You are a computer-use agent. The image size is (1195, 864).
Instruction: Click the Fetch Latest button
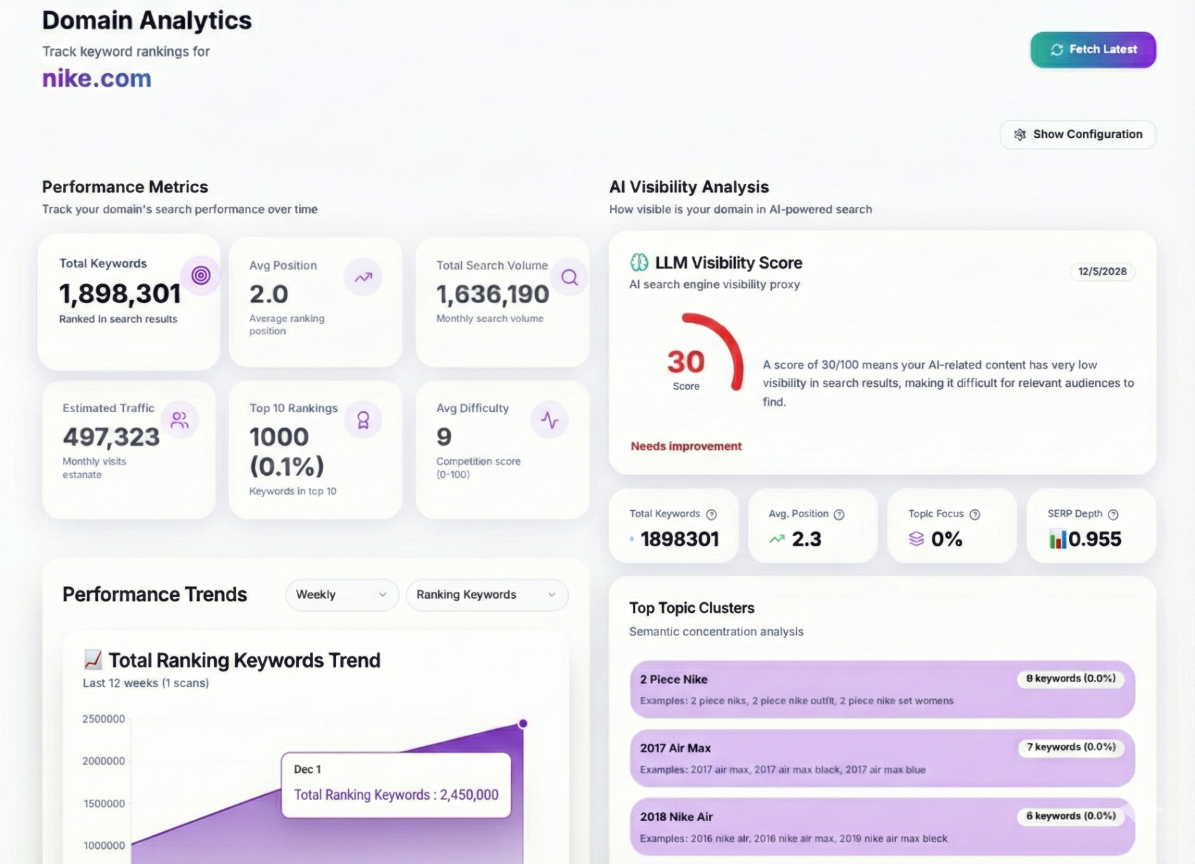pos(1093,50)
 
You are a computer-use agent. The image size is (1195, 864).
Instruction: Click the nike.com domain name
pos(97,79)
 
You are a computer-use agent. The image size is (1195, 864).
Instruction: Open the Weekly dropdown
pos(341,595)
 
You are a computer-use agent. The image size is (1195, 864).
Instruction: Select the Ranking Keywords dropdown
pos(487,595)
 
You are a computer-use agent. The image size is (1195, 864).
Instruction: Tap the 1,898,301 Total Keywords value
pos(120,294)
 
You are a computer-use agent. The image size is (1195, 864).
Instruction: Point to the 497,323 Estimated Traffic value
pos(111,437)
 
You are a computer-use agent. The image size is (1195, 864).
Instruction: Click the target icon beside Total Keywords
pos(201,275)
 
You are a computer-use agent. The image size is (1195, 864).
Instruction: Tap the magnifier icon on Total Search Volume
pos(569,277)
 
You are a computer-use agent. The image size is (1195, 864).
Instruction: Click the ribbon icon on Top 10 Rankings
pos(363,420)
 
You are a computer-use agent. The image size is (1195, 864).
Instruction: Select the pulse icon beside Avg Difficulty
pos(550,420)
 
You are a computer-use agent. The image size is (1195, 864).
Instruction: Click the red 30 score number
pos(686,362)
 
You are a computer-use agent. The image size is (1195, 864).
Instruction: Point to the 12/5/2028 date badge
pos(1103,271)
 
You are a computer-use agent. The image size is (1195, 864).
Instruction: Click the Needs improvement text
pos(686,446)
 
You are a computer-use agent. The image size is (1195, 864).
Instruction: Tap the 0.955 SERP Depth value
pos(1095,539)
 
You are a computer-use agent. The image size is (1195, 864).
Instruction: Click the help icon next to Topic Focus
pos(975,515)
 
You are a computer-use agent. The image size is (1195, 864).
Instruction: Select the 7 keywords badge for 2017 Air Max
pos(1071,747)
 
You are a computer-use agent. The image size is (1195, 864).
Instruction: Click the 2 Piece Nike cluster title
pos(673,679)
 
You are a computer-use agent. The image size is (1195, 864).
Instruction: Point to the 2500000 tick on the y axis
pos(104,719)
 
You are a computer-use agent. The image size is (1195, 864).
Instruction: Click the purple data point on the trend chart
pos(523,724)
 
